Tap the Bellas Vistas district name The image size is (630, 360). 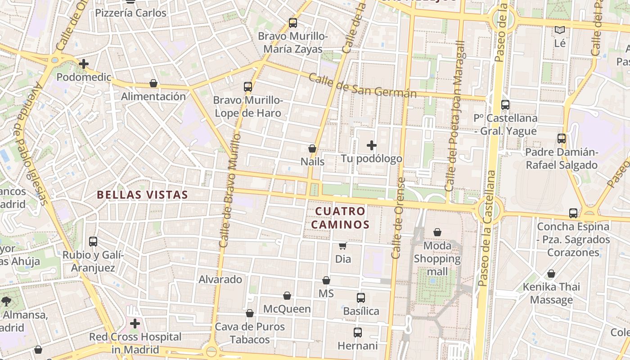[142, 195]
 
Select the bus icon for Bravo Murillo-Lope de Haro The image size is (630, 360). [248, 87]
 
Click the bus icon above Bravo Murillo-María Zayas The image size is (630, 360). [293, 23]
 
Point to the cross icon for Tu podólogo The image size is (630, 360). [372, 145]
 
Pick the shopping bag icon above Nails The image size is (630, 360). [312, 148]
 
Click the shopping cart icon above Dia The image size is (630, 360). [343, 246]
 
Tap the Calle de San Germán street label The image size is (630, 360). [362, 85]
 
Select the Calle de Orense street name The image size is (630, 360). [399, 218]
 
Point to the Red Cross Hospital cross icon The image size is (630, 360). [135, 324]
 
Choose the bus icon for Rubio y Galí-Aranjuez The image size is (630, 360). [93, 242]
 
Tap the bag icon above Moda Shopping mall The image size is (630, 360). [437, 233]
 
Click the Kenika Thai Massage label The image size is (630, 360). [551, 293]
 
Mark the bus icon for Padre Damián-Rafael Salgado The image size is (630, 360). [562, 139]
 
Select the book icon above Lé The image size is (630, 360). [560, 30]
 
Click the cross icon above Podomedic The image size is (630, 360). [84, 64]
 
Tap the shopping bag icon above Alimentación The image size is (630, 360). [153, 83]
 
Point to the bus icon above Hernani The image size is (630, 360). [358, 333]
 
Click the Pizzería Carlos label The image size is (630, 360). [131, 13]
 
